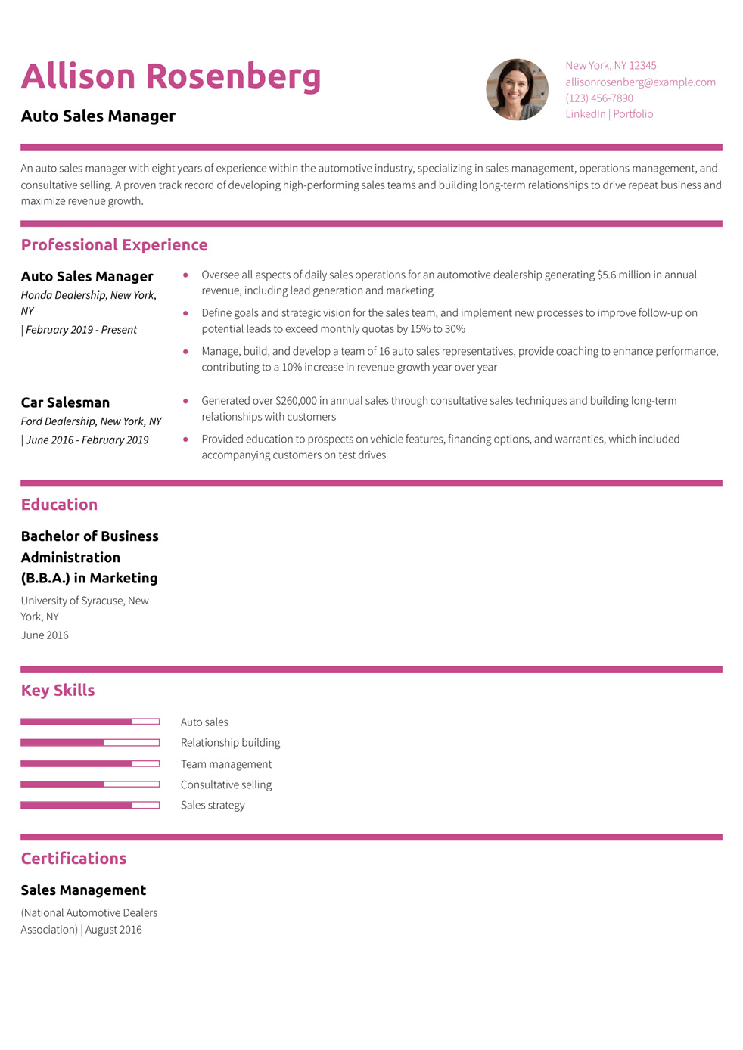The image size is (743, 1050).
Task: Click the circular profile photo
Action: pos(517,89)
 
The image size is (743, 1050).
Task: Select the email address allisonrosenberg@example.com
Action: pos(640,82)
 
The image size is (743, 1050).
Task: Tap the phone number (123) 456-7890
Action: pos(598,98)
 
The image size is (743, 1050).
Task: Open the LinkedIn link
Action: pos(585,113)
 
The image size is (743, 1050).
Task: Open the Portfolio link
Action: pos(633,113)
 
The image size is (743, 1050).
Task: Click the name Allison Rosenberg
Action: pos(171,76)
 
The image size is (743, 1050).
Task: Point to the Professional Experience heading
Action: pos(114,245)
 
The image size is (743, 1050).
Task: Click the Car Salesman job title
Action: pos(65,402)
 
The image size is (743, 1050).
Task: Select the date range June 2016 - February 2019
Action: pos(87,440)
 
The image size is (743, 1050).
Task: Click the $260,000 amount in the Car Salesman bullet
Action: pos(297,401)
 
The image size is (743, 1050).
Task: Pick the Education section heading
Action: pos(59,505)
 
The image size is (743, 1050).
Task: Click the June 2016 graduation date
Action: pos(45,635)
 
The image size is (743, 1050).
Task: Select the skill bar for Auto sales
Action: pos(90,722)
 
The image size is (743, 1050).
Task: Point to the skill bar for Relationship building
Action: pos(90,742)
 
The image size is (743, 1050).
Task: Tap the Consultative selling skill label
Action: pos(226,784)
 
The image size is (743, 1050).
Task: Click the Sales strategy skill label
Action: pos(213,805)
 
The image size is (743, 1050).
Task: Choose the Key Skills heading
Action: pos(58,690)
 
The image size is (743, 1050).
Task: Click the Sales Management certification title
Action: pos(83,890)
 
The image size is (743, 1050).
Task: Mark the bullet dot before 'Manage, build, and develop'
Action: pos(185,351)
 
